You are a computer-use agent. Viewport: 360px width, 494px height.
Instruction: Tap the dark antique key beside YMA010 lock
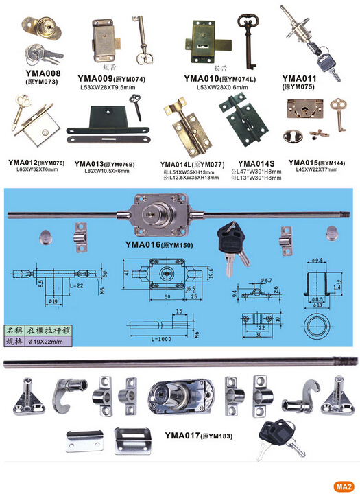coord(245,39)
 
